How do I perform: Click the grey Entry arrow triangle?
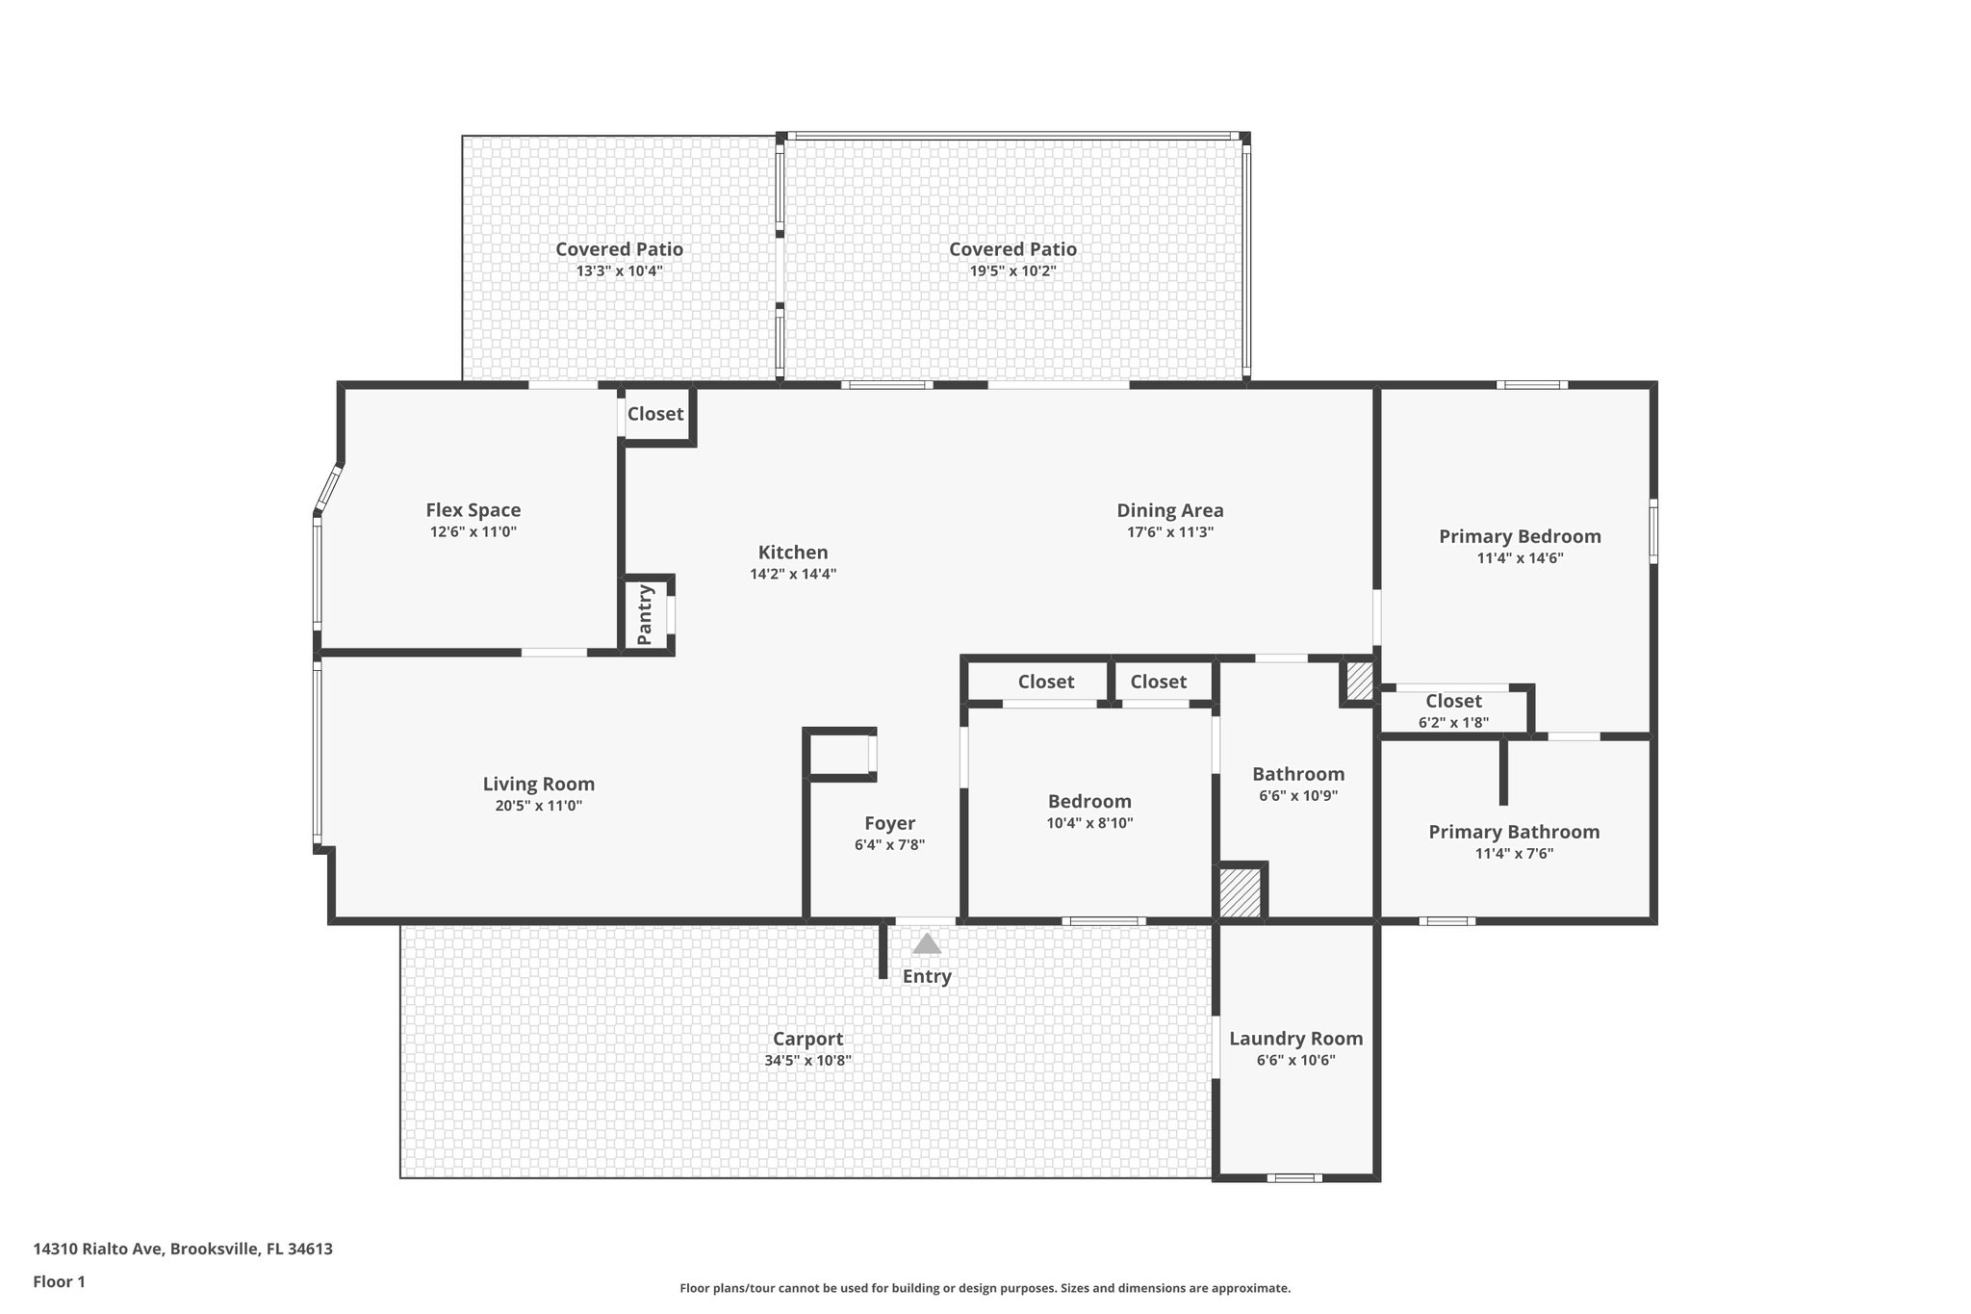(926, 944)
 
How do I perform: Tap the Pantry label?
(646, 615)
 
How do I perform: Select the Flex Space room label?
(474, 510)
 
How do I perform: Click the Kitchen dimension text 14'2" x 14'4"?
(793, 574)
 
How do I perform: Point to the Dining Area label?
(1169, 510)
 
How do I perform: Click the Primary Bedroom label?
(1520, 536)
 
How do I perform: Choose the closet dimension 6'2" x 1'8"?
(1453, 721)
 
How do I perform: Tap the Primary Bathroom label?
(1514, 832)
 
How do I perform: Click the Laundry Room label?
(1295, 1039)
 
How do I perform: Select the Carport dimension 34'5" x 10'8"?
(807, 1061)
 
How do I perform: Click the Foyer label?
(889, 823)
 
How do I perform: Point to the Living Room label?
(539, 784)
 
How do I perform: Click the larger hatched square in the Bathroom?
(1240, 892)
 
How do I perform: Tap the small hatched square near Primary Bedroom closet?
(1359, 682)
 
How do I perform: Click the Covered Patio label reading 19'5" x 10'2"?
(1012, 249)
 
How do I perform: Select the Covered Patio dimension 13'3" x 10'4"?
(619, 271)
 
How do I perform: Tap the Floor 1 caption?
(59, 1281)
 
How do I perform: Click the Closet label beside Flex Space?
(654, 414)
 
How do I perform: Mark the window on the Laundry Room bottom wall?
(1293, 1178)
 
